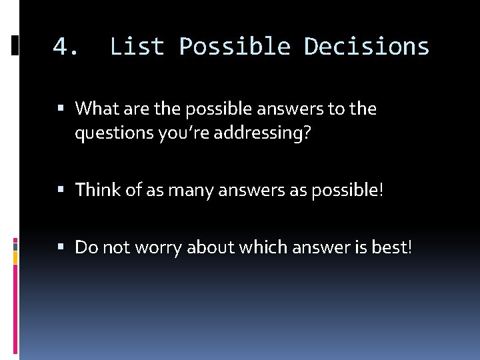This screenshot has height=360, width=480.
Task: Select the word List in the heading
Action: (x=137, y=47)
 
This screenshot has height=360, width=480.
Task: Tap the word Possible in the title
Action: (x=235, y=47)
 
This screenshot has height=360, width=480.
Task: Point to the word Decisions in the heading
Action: (x=367, y=47)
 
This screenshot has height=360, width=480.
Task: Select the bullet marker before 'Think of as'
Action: (x=61, y=190)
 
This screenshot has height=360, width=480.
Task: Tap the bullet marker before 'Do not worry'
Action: (x=61, y=247)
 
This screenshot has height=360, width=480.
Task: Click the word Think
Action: (x=98, y=190)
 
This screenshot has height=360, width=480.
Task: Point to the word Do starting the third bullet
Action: (x=85, y=247)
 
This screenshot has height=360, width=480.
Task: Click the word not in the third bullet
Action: (x=115, y=247)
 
